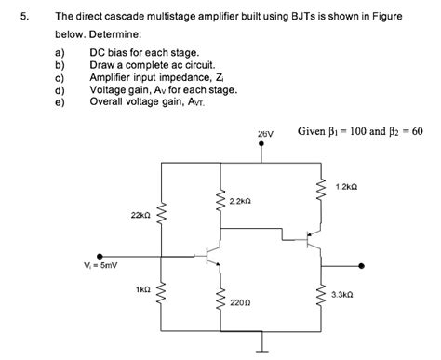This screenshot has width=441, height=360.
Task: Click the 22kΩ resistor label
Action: (x=141, y=215)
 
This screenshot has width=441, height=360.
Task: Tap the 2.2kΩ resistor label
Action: (x=239, y=201)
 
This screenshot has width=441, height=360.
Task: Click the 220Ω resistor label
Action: (x=238, y=302)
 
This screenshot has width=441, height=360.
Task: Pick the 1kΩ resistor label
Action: (x=142, y=290)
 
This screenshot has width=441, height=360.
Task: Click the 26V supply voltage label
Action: (x=266, y=135)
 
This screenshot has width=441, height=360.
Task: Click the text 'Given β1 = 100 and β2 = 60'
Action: (x=360, y=131)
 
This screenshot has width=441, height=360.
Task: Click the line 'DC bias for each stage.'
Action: (x=143, y=55)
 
